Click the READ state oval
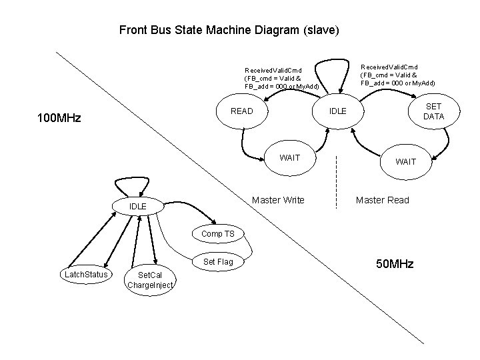[241, 111]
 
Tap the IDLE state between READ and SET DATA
[337, 111]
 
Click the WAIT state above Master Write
[290, 158]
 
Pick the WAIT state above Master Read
[405, 162]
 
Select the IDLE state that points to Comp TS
[137, 207]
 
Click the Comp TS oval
[217, 234]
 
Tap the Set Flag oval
[217, 262]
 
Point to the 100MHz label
[59, 119]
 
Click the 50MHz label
[395, 265]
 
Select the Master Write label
[278, 200]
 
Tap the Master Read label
[382, 200]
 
